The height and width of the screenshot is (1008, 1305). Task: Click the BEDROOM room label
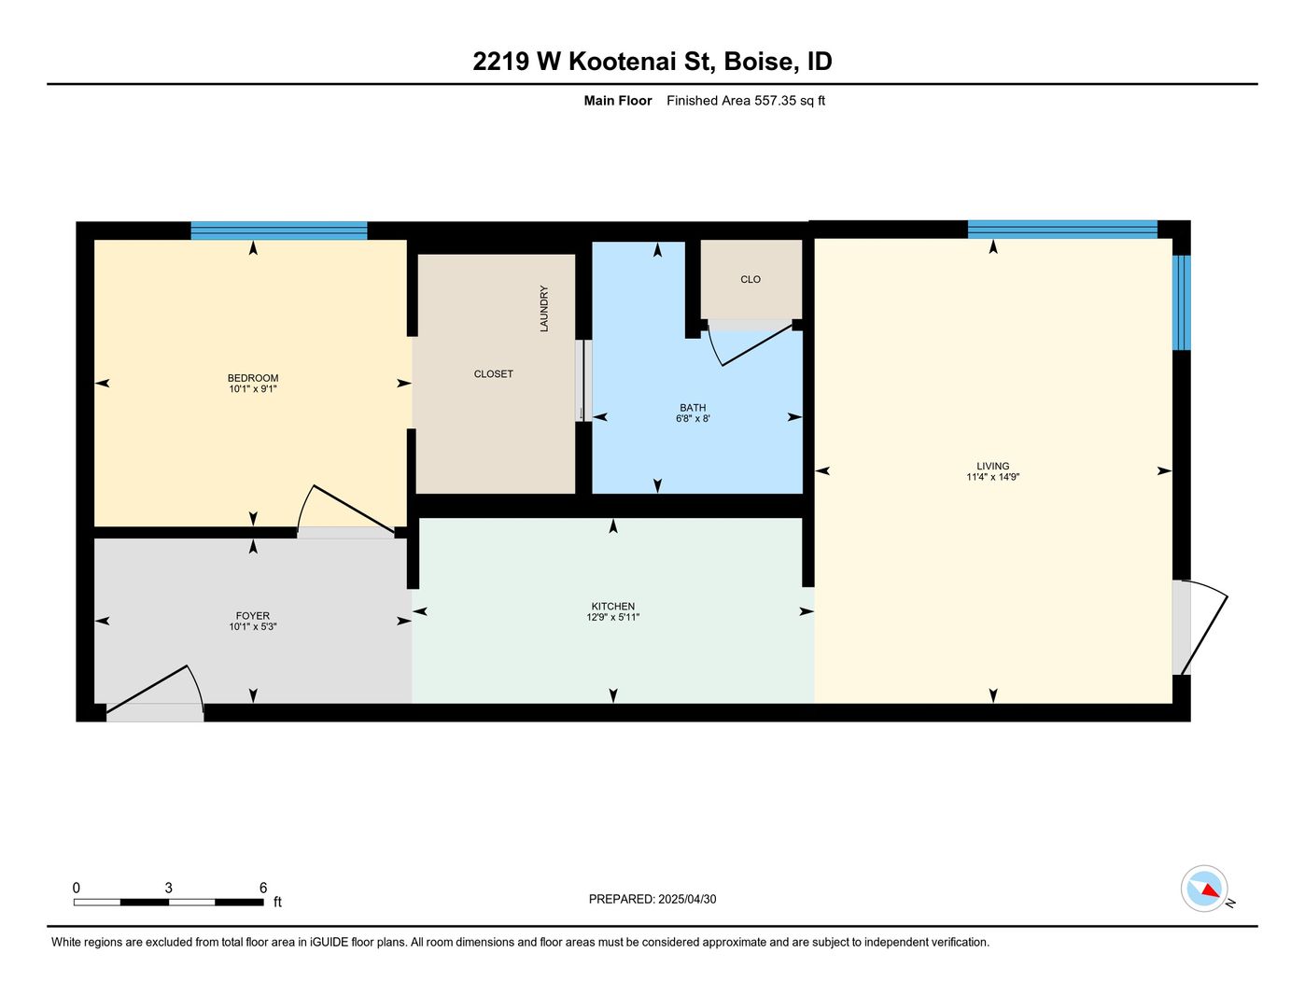pyautogui.click(x=252, y=378)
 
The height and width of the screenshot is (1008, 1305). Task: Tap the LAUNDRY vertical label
pyautogui.click(x=543, y=309)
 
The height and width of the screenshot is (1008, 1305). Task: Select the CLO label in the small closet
pyautogui.click(x=751, y=279)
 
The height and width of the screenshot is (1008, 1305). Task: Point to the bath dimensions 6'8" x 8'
pyautogui.click(x=693, y=418)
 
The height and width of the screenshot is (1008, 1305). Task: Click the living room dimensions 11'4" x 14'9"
pyautogui.click(x=992, y=477)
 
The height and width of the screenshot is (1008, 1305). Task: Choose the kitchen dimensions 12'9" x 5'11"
pyautogui.click(x=612, y=617)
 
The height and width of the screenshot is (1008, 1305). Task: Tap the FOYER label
pyautogui.click(x=252, y=615)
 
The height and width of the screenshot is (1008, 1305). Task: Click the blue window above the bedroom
pyautogui.click(x=279, y=231)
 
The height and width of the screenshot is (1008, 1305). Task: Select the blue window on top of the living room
pyautogui.click(x=1061, y=230)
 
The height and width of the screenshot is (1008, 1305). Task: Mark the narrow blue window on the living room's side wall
pyautogui.click(x=1181, y=302)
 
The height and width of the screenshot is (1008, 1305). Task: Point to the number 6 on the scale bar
pyautogui.click(x=263, y=888)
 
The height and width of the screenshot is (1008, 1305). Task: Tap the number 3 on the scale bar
pyautogui.click(x=169, y=888)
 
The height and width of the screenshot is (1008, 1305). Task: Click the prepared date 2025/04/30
pyautogui.click(x=687, y=899)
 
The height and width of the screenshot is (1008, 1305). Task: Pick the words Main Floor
pyautogui.click(x=617, y=100)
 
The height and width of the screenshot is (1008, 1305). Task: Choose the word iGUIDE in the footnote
pyautogui.click(x=330, y=942)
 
